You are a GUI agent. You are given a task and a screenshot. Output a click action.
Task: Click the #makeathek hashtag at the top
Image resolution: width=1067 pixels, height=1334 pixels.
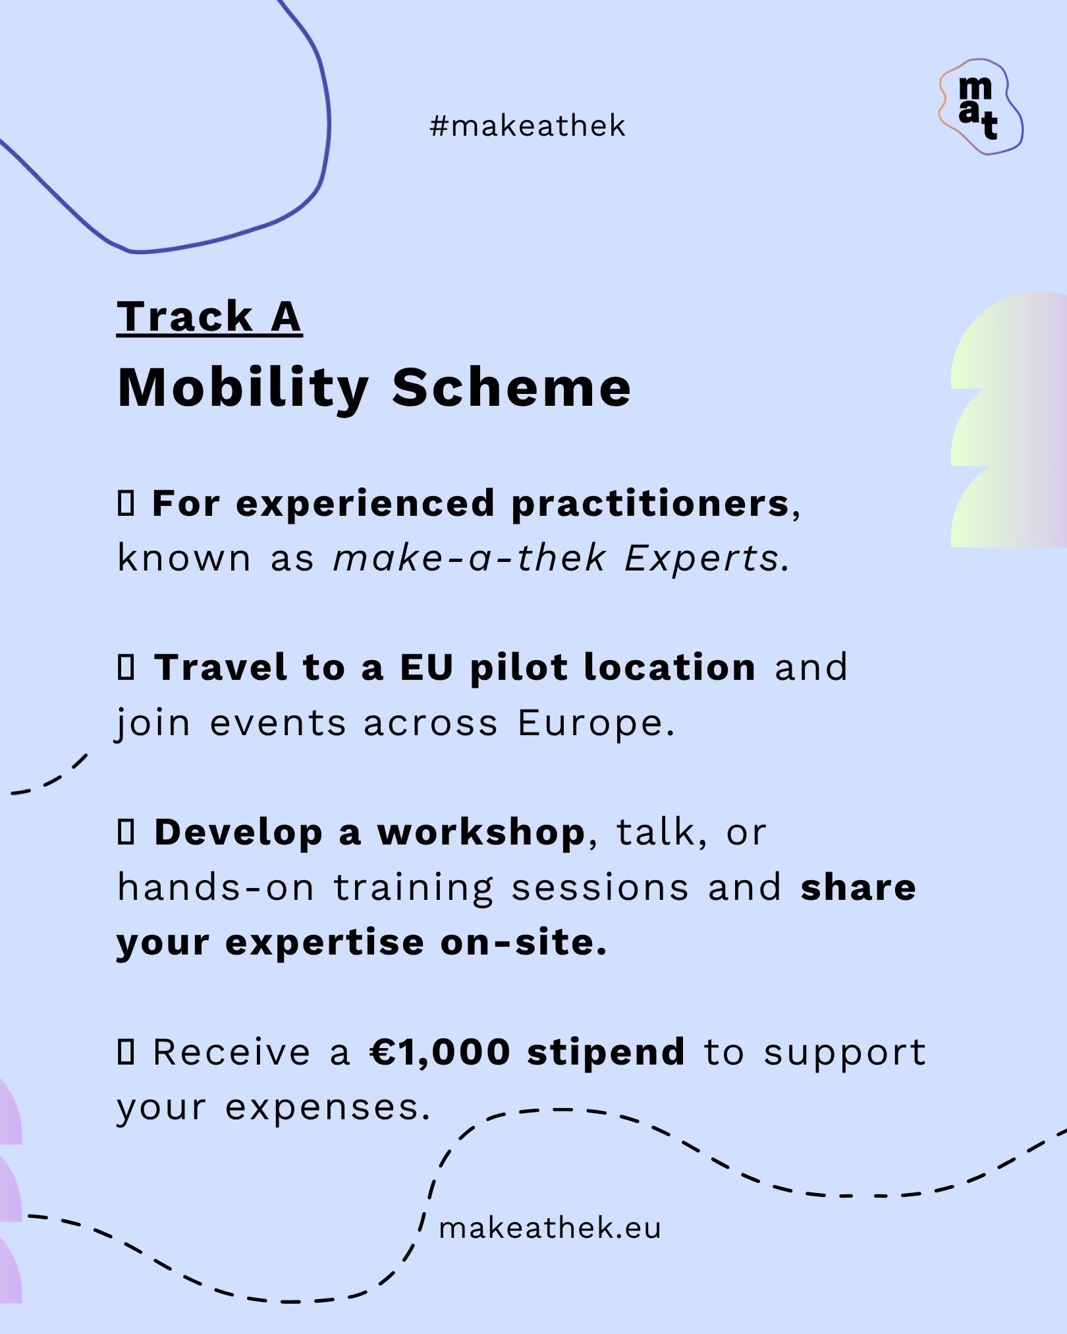pyautogui.click(x=527, y=126)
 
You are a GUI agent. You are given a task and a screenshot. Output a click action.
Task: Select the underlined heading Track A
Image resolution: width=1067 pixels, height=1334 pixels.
pyautogui.click(x=209, y=317)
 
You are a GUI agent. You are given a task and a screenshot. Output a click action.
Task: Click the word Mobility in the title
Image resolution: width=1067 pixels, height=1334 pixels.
pyautogui.click(x=243, y=389)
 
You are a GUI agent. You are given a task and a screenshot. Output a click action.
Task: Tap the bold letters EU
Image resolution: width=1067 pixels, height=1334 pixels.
pyautogui.click(x=427, y=667)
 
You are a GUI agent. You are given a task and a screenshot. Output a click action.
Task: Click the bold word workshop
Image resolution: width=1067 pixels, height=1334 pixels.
pyautogui.click(x=481, y=833)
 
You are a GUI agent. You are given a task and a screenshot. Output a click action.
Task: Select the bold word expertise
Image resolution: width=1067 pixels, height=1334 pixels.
pyautogui.click(x=325, y=943)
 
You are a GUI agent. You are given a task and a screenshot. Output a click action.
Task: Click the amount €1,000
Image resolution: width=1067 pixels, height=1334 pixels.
pyautogui.click(x=440, y=1052)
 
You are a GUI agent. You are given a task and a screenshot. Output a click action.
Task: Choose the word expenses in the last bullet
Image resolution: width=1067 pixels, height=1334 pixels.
pyautogui.click(x=328, y=1108)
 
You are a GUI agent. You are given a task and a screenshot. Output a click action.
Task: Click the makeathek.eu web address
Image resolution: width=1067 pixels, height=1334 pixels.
pyautogui.click(x=550, y=1228)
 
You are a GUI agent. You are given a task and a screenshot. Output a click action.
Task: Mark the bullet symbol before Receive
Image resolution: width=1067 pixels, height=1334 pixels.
pyautogui.click(x=126, y=1051)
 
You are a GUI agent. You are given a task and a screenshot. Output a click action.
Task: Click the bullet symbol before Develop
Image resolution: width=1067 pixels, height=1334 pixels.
pyautogui.click(x=126, y=832)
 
